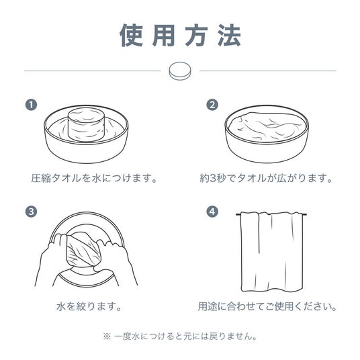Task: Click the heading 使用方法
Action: tap(180, 36)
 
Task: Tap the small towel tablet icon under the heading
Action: tap(180, 71)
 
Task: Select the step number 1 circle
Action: tap(31, 105)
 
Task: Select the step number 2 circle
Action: tap(212, 105)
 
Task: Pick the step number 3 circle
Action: tap(31, 212)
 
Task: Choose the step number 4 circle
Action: tap(212, 212)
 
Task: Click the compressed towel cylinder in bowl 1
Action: tap(87, 124)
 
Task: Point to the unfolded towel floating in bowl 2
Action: tap(267, 126)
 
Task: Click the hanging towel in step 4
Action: tap(271, 252)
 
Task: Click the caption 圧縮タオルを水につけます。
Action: tap(94, 178)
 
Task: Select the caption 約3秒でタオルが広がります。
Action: tap(266, 178)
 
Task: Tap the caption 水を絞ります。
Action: tap(89, 306)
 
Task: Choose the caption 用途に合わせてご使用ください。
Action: tap(267, 306)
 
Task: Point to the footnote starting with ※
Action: tap(180, 336)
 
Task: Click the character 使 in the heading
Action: tap(131, 36)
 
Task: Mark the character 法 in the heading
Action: tap(229, 36)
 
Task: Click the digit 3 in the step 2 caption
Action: tap(213, 179)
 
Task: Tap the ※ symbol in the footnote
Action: tap(107, 336)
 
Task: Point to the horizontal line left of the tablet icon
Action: tap(93, 71)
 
